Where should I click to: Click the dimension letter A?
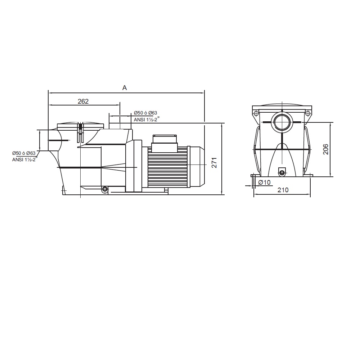(x=125, y=88)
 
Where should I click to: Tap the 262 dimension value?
(x=83, y=101)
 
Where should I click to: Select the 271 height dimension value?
(x=214, y=163)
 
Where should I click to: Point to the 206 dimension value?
(x=325, y=149)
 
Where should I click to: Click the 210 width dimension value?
(x=283, y=190)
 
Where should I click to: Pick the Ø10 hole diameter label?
(x=265, y=182)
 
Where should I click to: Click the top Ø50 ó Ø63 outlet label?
(x=145, y=113)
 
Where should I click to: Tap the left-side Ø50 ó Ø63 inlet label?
(x=24, y=153)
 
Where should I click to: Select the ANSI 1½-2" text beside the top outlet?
(x=147, y=119)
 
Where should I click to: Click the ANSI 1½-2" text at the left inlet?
(x=24, y=159)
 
